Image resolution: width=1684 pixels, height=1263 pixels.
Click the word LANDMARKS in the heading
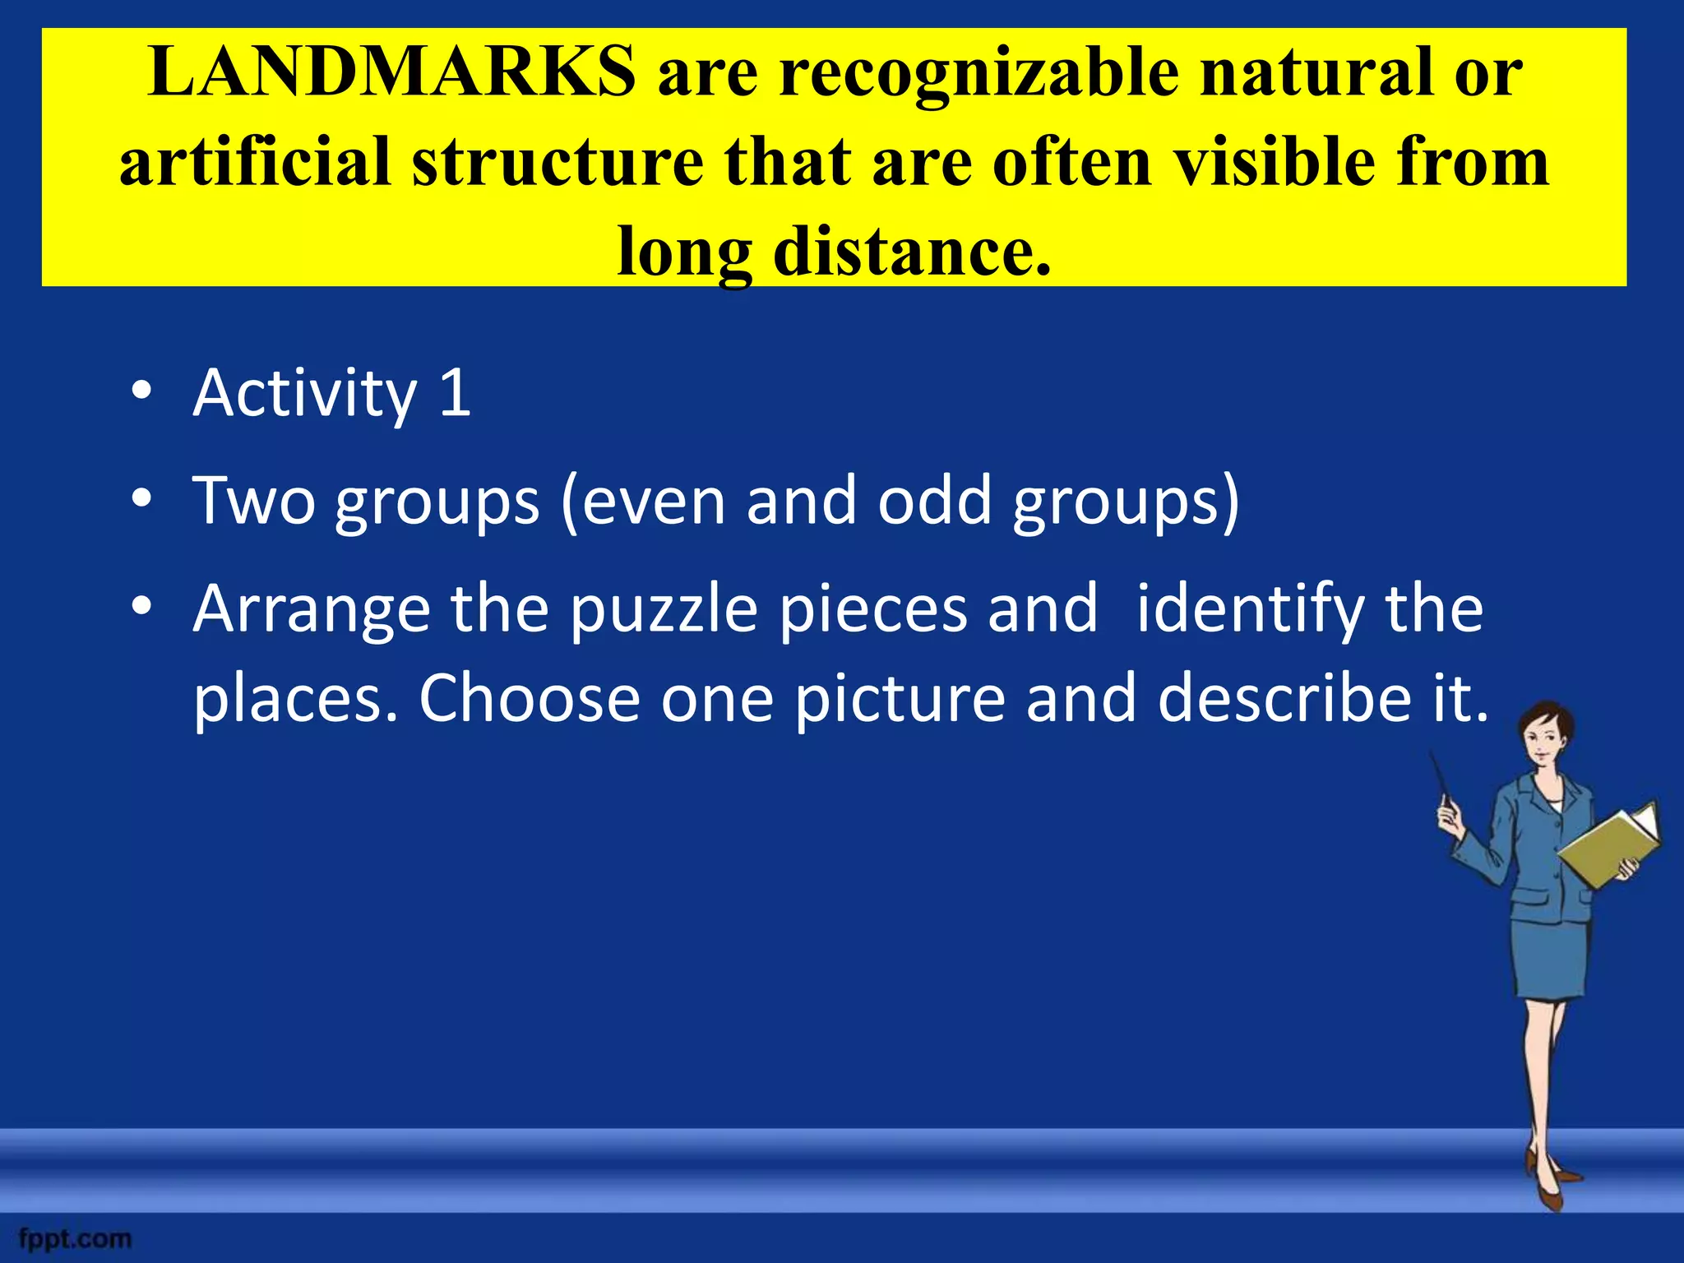point(391,72)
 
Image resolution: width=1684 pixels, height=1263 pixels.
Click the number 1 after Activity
point(455,393)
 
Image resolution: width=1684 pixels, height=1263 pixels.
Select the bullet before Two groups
point(141,499)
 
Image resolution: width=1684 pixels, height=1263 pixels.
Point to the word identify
point(1250,610)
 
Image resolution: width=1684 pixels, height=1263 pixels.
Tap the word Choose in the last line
point(530,699)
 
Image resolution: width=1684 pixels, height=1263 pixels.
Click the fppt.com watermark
point(75,1238)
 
